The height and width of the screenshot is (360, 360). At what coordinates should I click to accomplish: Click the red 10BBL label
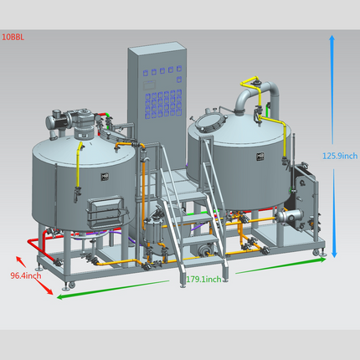tap(13, 37)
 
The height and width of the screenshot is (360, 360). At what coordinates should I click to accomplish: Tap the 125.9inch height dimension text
tap(340, 156)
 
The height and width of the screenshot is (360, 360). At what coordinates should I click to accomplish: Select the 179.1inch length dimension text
tap(203, 279)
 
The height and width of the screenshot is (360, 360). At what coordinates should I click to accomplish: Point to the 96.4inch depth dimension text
tap(26, 275)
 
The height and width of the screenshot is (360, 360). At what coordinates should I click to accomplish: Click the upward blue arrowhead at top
tap(332, 39)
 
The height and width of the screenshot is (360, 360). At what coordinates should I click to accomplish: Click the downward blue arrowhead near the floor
tap(334, 254)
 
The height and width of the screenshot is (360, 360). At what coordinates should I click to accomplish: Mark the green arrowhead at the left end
tap(60, 296)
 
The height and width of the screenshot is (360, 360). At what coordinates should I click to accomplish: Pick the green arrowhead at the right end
tap(322, 260)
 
